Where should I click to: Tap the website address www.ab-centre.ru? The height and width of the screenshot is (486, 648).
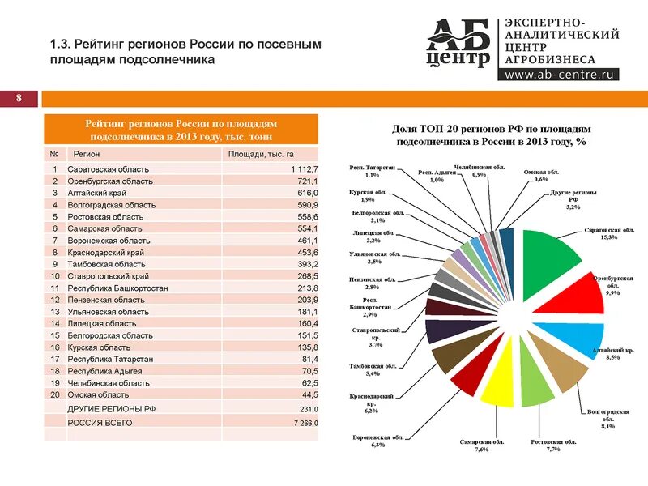(x=561, y=75)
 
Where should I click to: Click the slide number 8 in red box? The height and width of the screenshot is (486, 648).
(x=19, y=99)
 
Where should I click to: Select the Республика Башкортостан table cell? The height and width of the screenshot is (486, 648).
(x=117, y=288)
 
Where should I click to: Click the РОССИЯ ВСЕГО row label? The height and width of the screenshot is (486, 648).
(x=100, y=423)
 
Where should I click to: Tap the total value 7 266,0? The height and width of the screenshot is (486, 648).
(x=305, y=423)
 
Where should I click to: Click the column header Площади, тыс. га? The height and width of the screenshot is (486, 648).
(x=261, y=153)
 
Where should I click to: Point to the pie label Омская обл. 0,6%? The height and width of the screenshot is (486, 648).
(x=541, y=176)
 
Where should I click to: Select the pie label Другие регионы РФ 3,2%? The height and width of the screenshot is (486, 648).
(x=573, y=201)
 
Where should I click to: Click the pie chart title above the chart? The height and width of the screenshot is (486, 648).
(x=491, y=134)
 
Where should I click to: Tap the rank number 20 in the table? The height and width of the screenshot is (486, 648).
(x=54, y=394)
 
